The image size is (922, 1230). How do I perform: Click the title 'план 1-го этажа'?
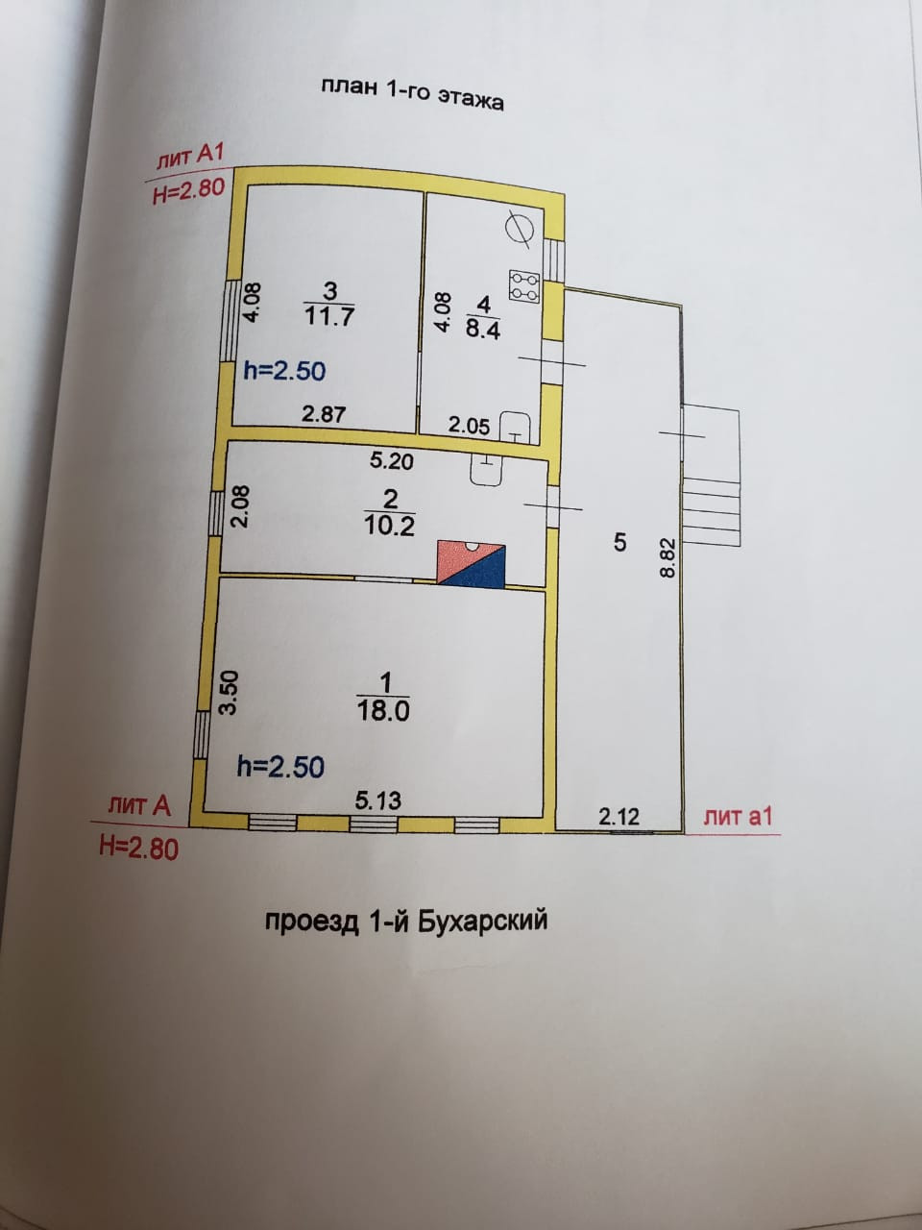click(412, 93)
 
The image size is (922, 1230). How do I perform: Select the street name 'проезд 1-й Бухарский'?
click(405, 921)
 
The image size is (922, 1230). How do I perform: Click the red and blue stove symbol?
click(472, 563)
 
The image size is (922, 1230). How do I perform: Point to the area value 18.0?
click(384, 710)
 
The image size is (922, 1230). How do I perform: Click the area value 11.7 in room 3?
click(329, 315)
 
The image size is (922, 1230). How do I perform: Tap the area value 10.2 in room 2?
click(391, 525)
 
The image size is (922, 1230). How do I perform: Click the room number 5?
click(619, 542)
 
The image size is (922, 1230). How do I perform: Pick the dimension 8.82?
click(669, 557)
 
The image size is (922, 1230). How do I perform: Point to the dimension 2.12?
click(619, 817)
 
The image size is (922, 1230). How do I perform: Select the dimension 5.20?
click(392, 461)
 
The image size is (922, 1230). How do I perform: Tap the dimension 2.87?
click(323, 414)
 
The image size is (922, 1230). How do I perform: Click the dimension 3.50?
click(229, 693)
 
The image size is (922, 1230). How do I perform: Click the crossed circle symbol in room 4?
click(517, 229)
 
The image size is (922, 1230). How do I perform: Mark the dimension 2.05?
click(469, 425)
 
